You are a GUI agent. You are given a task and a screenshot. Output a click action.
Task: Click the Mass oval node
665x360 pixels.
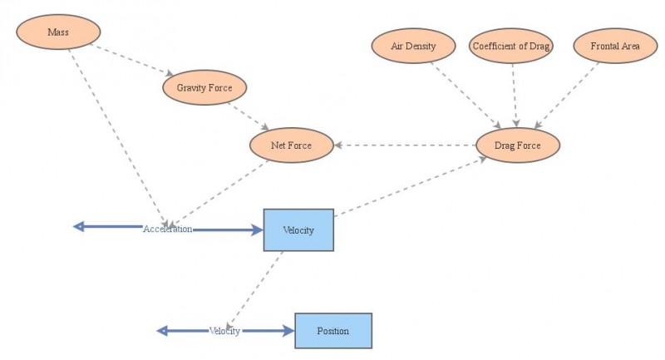pos(58,32)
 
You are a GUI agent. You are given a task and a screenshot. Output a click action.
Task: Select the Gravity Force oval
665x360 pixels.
pos(204,86)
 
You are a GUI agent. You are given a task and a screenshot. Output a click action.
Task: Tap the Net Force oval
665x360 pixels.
pos(291,145)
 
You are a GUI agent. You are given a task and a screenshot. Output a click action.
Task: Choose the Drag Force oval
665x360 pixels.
pos(518,145)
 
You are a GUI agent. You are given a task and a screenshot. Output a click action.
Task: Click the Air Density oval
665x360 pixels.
pos(413,46)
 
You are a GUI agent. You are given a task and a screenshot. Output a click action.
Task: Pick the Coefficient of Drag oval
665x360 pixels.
pos(511,46)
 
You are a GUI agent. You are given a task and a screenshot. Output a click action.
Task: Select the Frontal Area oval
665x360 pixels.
pos(615,46)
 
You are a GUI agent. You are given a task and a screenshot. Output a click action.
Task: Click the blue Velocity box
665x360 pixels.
pos(298,230)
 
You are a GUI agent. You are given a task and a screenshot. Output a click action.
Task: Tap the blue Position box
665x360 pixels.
pos(332,331)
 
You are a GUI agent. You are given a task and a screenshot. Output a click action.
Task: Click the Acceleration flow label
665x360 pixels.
pos(167,229)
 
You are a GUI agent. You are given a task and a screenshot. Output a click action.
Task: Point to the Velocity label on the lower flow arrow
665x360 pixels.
pos(224,331)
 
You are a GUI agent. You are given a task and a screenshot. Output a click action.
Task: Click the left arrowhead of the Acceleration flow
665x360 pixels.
pos(78,226)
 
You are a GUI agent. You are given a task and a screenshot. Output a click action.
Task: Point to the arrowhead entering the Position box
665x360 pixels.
pos(288,331)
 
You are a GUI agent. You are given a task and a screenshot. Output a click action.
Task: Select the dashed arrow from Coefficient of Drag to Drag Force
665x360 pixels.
pos(515,93)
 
